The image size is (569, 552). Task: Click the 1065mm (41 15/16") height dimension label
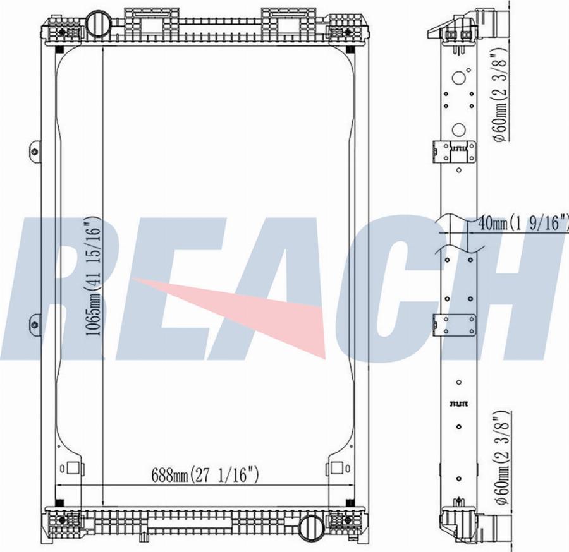pos(94,279)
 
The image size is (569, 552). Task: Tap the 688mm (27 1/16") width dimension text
pos(204,474)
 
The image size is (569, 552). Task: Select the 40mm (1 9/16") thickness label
pos(523,222)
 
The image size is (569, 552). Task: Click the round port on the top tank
pos(98,25)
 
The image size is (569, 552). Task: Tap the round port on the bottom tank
pos(311,525)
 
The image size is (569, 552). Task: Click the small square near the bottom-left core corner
pos(73,469)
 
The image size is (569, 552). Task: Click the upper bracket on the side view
pos(454,152)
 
